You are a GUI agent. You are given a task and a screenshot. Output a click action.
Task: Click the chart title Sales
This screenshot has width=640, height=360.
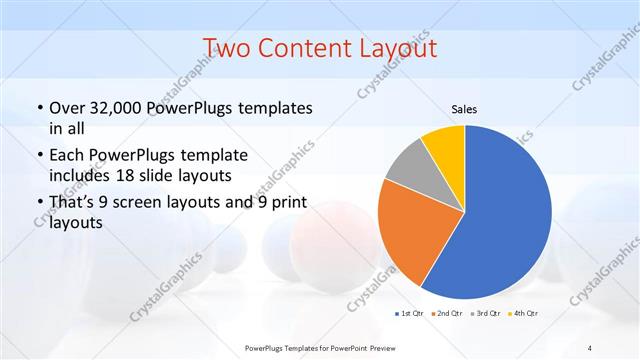click(465, 108)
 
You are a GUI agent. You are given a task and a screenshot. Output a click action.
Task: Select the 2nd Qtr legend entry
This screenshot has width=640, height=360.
click(447, 314)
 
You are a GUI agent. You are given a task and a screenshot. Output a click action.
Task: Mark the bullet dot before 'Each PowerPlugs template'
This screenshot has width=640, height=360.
click(39, 157)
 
